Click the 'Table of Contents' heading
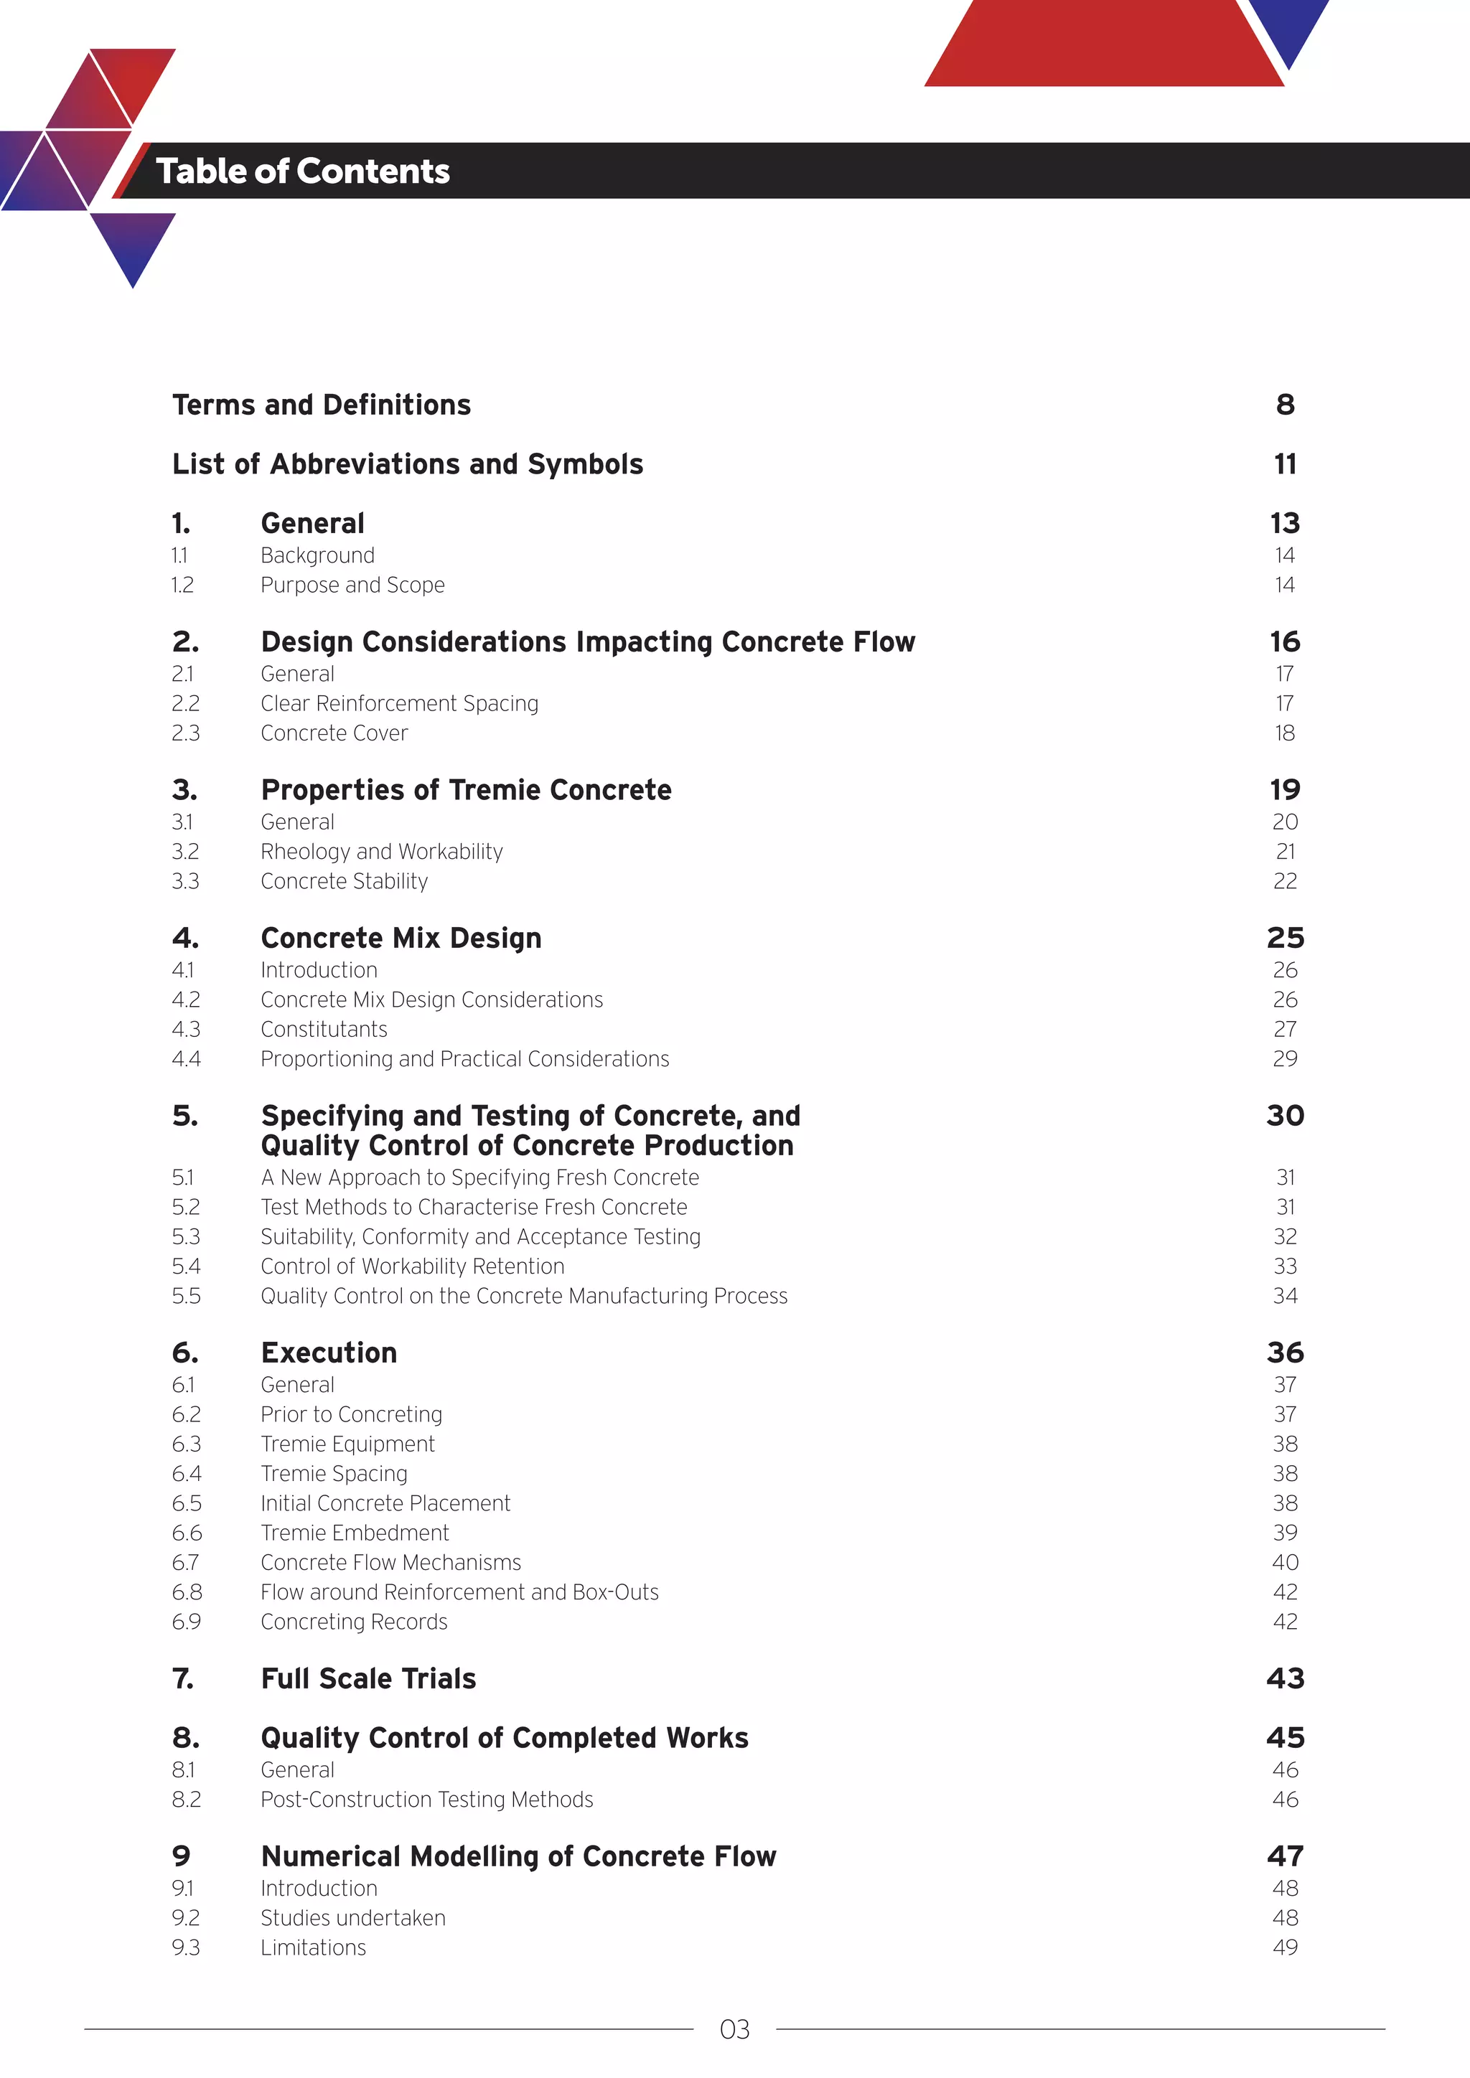click(x=302, y=171)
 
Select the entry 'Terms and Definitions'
click(x=322, y=405)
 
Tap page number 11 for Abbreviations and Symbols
click(x=1284, y=464)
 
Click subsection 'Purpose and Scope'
click(x=352, y=586)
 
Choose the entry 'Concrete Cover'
click(x=334, y=733)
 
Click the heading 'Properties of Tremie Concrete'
click(x=465, y=790)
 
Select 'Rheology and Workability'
click(x=381, y=852)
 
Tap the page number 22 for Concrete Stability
click(x=1284, y=882)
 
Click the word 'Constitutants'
click(x=323, y=1030)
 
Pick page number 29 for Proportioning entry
click(x=1284, y=1059)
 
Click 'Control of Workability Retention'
click(x=412, y=1266)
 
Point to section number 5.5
click(x=186, y=1296)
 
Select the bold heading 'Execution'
click(x=329, y=1353)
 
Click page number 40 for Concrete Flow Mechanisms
click(x=1284, y=1563)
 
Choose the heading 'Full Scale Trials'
click(x=367, y=1679)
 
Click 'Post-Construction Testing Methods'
click(x=426, y=1800)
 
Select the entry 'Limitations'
click(x=313, y=1947)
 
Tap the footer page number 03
click(x=734, y=2030)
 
